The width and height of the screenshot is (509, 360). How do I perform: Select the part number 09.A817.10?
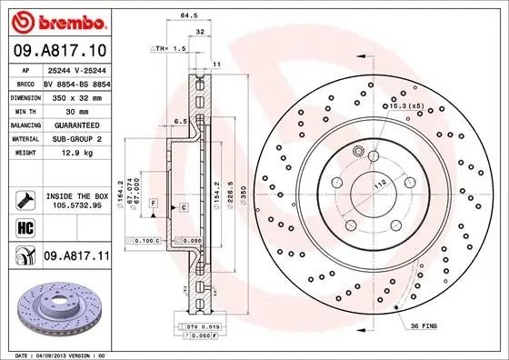tap(59, 48)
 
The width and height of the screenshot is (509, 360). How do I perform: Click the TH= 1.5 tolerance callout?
tap(167, 47)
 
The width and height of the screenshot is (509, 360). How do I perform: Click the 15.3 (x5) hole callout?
tap(405, 106)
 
